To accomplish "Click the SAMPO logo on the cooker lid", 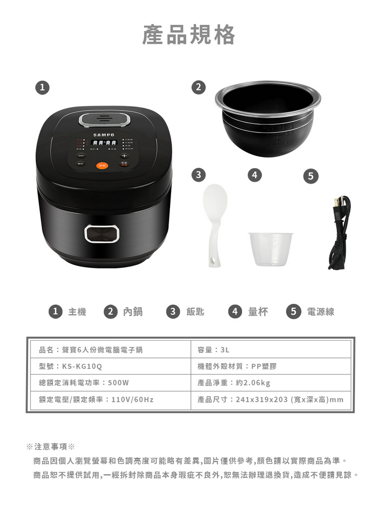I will pos(104,135).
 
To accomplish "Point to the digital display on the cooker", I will pos(104,143).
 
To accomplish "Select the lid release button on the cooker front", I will pos(102,234).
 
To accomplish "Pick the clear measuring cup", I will pos(271,249).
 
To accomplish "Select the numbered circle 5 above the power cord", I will pos(310,176).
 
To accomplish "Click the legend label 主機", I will pos(77,312).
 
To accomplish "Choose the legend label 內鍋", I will pos(133,312).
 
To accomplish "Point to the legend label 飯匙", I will pos(195,312).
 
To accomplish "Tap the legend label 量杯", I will pos(257,312).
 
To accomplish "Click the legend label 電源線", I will pos(320,312).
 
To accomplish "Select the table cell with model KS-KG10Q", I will pos(108,366).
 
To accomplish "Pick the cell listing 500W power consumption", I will pos(108,382).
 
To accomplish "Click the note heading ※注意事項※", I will pos(51,447).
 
